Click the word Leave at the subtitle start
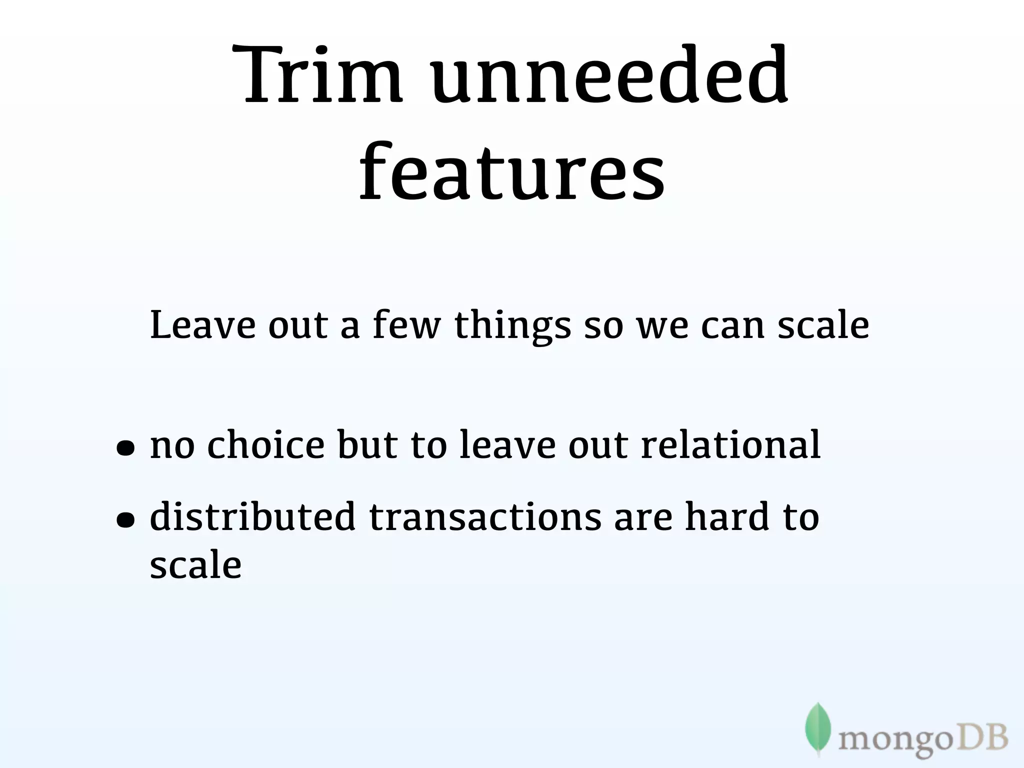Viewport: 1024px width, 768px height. [202, 325]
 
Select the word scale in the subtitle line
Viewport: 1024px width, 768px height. [823, 325]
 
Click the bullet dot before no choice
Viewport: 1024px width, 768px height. [125, 449]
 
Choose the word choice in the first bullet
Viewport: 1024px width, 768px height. [266, 445]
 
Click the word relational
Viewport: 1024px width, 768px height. [730, 445]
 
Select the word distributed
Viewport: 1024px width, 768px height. [252, 516]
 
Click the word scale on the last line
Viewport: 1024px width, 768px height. [195, 565]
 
